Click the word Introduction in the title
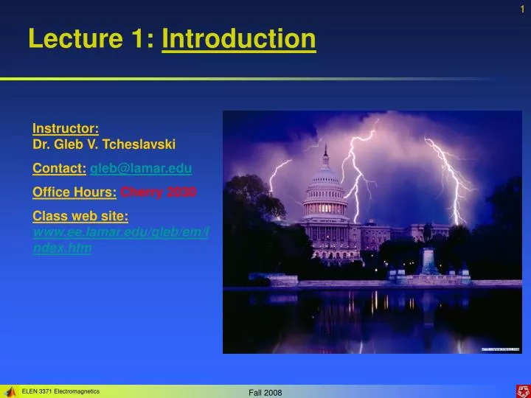tap(239, 39)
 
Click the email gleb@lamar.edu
tap(141, 169)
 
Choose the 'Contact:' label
tap(59, 169)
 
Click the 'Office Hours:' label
tap(74, 192)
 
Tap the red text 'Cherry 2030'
tap(159, 192)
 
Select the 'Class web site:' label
tap(80, 215)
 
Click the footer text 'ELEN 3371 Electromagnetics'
tap(61, 391)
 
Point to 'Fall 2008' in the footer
tap(265, 392)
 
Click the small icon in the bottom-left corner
tap(10, 391)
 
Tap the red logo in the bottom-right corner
tap(521, 391)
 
